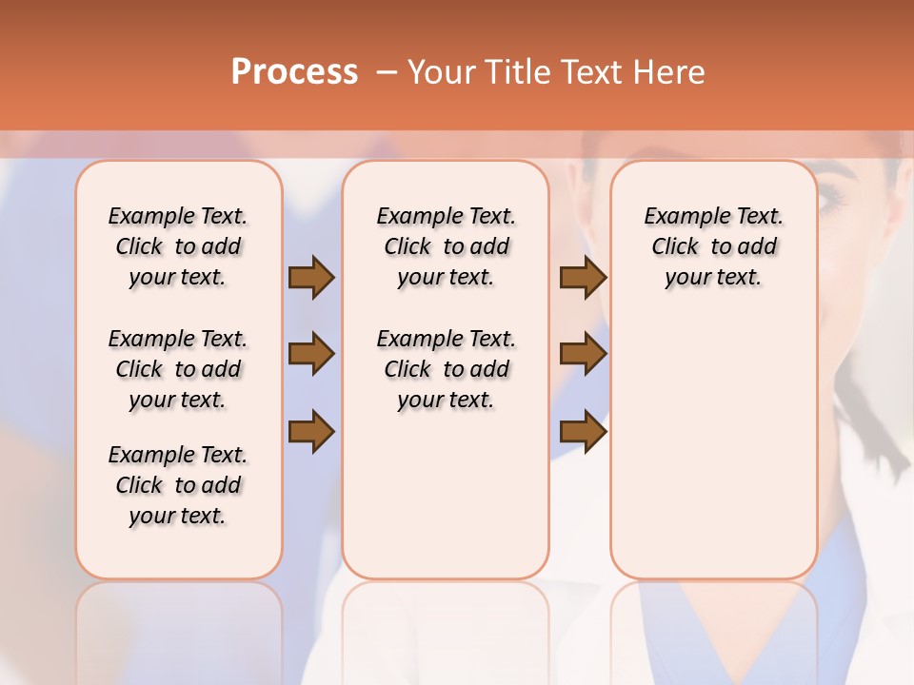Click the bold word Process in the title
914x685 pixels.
[294, 71]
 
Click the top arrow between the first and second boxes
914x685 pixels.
[311, 277]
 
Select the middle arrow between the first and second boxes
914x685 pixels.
[311, 355]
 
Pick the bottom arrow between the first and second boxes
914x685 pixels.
[311, 432]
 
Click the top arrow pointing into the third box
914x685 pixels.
[583, 277]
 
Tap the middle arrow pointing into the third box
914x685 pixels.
[583, 355]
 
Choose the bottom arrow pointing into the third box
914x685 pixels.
[583, 432]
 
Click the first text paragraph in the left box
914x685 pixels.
[178, 246]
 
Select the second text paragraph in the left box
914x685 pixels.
[178, 369]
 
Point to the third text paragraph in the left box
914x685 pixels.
[178, 485]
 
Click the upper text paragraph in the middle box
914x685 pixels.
[446, 246]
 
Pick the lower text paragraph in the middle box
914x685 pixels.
[446, 369]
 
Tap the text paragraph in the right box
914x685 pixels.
[713, 246]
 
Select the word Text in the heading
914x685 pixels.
[587, 72]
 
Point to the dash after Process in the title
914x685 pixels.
[387, 72]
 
